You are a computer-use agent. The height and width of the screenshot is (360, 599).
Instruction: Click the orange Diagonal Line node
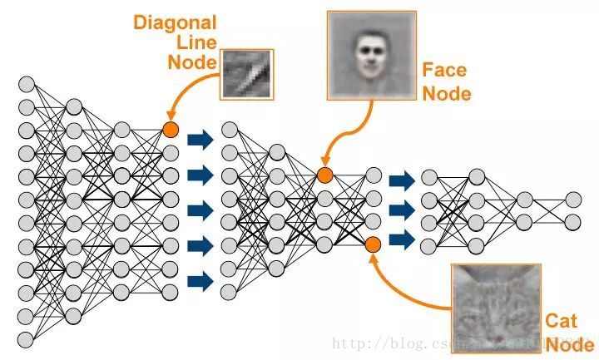pyautogui.click(x=171, y=129)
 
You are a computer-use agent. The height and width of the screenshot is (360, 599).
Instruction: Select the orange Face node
pyautogui.click(x=324, y=175)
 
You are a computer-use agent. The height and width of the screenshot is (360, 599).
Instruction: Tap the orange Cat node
pyautogui.click(x=373, y=244)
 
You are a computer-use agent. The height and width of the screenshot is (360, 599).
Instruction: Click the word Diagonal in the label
pyautogui.click(x=175, y=22)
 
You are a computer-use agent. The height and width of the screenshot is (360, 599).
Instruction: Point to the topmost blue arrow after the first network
pyautogui.click(x=200, y=139)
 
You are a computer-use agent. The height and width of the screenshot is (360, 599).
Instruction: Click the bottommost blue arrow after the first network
pyautogui.click(x=200, y=281)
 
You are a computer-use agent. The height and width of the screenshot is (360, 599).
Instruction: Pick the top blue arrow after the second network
pyautogui.click(x=401, y=180)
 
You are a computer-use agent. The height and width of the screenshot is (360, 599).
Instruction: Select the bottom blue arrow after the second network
pyautogui.click(x=401, y=240)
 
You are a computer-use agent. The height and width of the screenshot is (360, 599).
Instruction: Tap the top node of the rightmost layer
pyautogui.click(x=573, y=200)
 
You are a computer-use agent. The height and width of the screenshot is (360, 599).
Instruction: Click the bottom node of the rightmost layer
pyautogui.click(x=573, y=222)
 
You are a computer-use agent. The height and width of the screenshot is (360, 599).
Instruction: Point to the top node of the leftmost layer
pyautogui.click(x=26, y=85)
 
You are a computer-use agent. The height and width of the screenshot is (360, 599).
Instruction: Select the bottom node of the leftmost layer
pyautogui.click(x=26, y=338)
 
